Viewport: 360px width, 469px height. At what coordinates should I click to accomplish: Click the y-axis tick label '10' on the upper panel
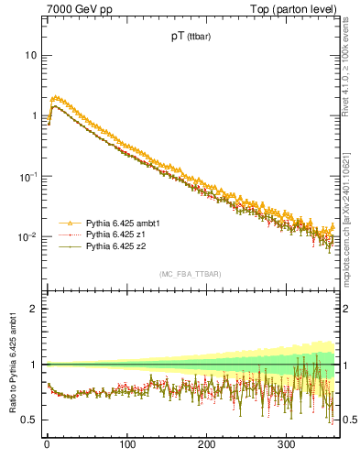tap(29, 55)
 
